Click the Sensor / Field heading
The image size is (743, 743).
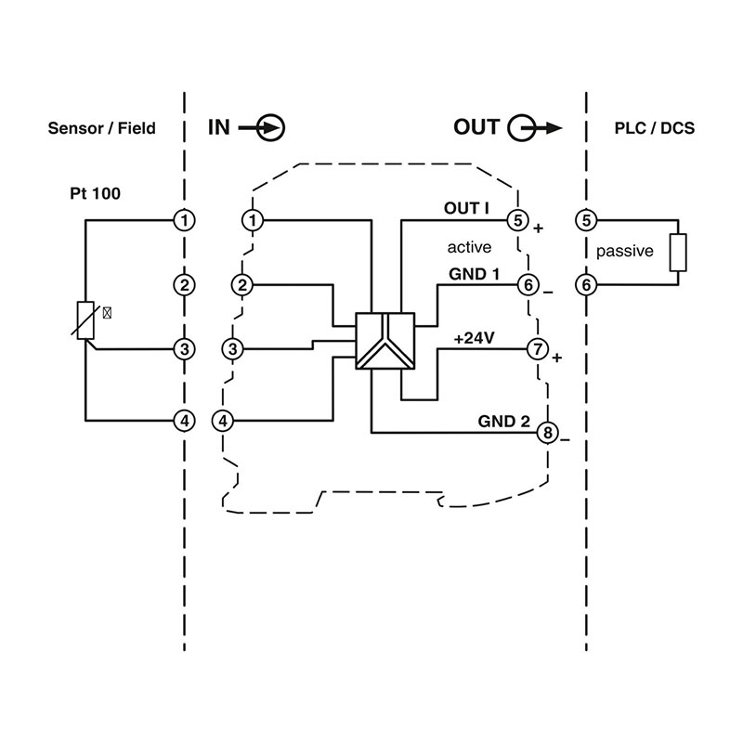[x=101, y=128]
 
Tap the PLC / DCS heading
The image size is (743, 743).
[x=655, y=128]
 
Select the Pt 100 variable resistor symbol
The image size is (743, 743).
[x=85, y=321]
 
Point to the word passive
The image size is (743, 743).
[x=625, y=251]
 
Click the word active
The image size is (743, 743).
[x=469, y=247]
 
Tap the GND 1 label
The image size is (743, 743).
[x=475, y=274]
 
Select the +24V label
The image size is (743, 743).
[x=473, y=338]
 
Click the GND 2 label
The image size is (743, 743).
[x=504, y=421]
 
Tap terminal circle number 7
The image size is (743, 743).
[x=537, y=349]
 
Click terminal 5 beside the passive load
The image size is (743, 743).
[x=586, y=220]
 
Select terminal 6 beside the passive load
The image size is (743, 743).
[x=586, y=285]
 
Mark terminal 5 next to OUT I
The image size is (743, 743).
[x=516, y=220]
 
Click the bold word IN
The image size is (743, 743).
[x=217, y=127]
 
